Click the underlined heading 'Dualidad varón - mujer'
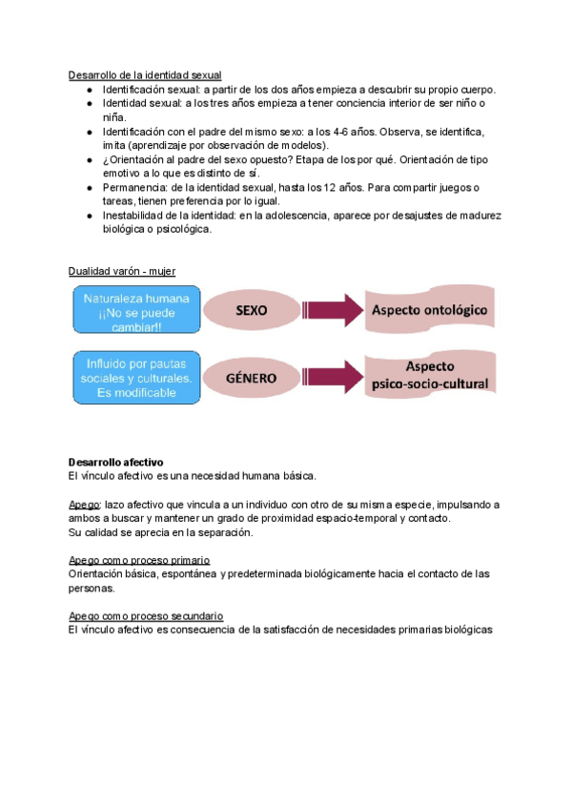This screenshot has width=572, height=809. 122,271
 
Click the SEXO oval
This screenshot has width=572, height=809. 251,311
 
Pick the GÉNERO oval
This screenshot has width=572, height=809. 251,378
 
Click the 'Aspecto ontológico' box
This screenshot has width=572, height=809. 430,311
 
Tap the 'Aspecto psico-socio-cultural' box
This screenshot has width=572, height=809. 430,377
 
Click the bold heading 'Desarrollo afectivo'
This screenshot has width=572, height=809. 116,462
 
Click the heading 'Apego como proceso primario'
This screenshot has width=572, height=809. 139,560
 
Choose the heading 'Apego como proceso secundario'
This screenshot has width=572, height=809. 146,616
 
